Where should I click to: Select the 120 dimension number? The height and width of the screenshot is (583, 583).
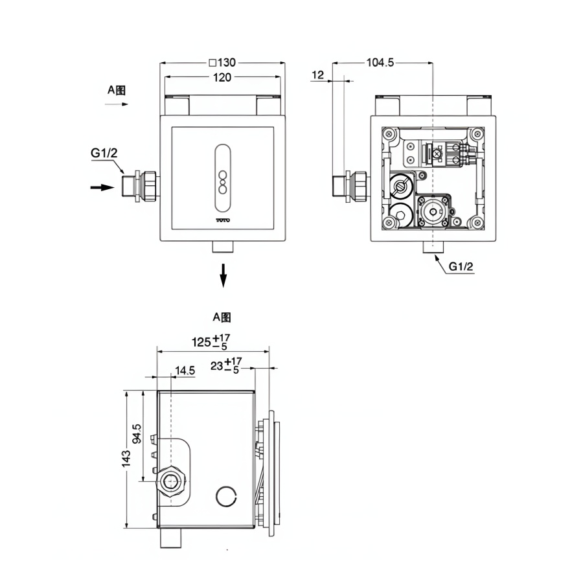[x=222, y=77]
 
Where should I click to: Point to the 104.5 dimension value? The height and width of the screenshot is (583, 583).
[x=380, y=63]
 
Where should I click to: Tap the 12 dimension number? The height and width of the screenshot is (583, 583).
[x=317, y=75]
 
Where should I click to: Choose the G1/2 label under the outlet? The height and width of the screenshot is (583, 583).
[x=462, y=266]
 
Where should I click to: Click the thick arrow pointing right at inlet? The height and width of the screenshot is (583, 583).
[x=100, y=187]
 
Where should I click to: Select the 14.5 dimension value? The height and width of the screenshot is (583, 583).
[x=185, y=371]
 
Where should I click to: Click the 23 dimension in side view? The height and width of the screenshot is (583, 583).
[x=225, y=365]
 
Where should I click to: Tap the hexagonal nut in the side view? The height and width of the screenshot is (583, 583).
[x=172, y=482]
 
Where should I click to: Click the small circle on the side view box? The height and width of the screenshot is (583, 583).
[x=226, y=496]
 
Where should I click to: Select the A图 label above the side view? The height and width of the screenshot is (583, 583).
[x=222, y=317]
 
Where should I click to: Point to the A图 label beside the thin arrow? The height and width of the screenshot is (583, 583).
[x=117, y=90]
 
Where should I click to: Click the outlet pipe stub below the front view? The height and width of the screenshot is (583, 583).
[x=223, y=247]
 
